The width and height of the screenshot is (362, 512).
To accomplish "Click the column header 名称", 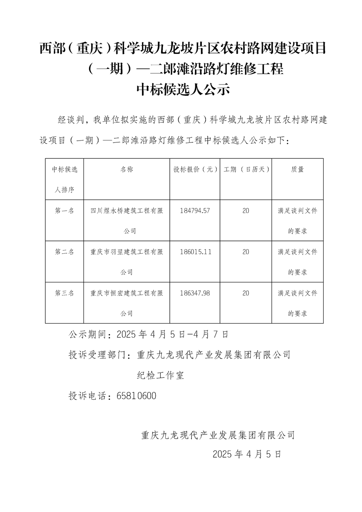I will coord(126,169).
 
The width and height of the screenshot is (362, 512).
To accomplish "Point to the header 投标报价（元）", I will coord(195,169).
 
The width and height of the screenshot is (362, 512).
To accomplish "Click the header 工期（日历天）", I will coord(247,169).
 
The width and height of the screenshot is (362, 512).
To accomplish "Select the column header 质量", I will coord(297,169).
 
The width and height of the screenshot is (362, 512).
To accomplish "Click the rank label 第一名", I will coord(64,211).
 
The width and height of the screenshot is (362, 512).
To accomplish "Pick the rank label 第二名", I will coord(64,252).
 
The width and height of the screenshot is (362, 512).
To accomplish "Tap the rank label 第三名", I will coord(64,293).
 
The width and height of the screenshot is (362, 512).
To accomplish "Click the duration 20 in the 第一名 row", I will coord(246,211).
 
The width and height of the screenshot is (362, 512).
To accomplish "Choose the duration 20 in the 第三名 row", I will coord(246,293).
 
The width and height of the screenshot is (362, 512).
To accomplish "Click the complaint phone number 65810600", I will coord(136,396).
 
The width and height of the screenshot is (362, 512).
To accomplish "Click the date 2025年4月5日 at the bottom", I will coord(247,454).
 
